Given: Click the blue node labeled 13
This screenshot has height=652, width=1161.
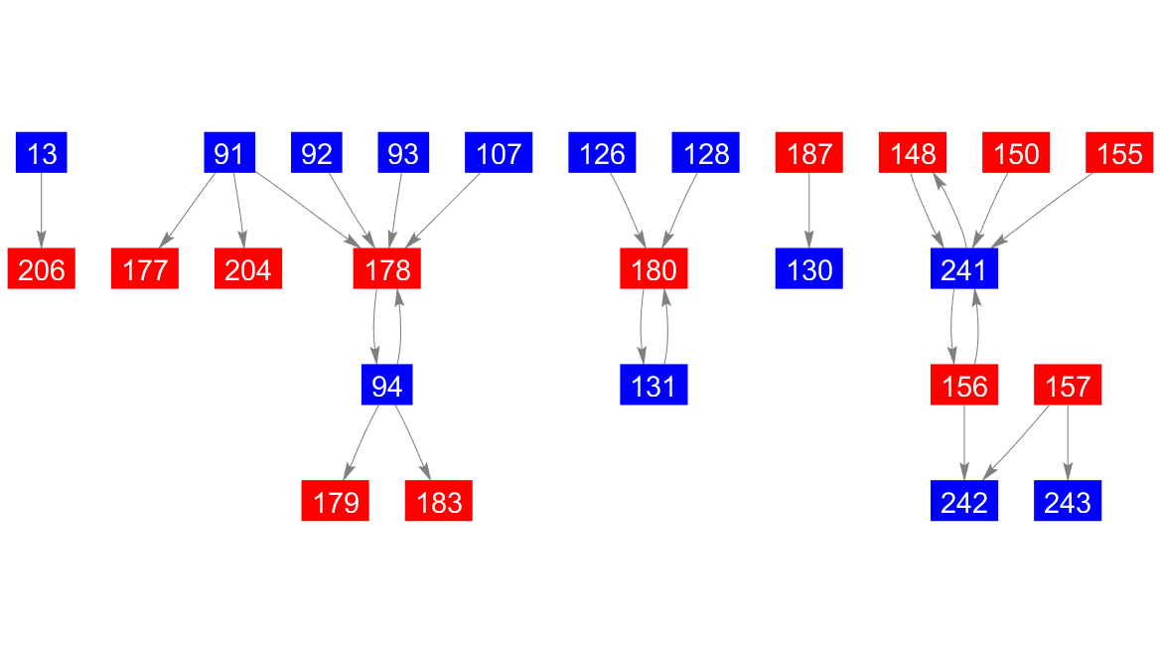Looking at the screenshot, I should pyautogui.click(x=42, y=154).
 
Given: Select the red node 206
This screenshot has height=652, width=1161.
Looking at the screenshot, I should pyautogui.click(x=42, y=269).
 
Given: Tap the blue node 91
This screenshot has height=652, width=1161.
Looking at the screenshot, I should pyautogui.click(x=229, y=154).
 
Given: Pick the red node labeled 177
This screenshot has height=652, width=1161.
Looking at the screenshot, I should pyautogui.click(x=145, y=269).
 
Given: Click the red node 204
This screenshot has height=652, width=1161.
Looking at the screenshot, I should pyautogui.click(x=248, y=269).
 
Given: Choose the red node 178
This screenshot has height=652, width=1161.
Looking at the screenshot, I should pyautogui.click(x=387, y=269).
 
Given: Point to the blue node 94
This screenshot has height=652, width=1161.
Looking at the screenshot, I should pyautogui.click(x=386, y=385).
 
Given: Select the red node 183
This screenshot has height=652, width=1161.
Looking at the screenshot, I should pyautogui.click(x=439, y=501).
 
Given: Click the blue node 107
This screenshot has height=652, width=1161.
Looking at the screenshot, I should pyautogui.click(x=499, y=154).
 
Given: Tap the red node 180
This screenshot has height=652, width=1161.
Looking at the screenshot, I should pyautogui.click(x=653, y=269).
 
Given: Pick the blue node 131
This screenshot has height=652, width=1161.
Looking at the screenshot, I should pyautogui.click(x=653, y=385).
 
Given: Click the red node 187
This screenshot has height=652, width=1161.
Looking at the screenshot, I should pyautogui.click(x=809, y=154).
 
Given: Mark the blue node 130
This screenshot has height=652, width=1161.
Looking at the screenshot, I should pyautogui.click(x=809, y=269).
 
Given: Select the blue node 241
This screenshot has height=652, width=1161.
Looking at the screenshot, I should pyautogui.click(x=964, y=269).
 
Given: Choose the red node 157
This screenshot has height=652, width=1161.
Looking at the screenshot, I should pyautogui.click(x=1069, y=385).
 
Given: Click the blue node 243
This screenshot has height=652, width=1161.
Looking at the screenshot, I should pyautogui.click(x=1069, y=501).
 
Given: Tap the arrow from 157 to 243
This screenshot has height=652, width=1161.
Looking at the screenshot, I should pyautogui.click(x=1069, y=442).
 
